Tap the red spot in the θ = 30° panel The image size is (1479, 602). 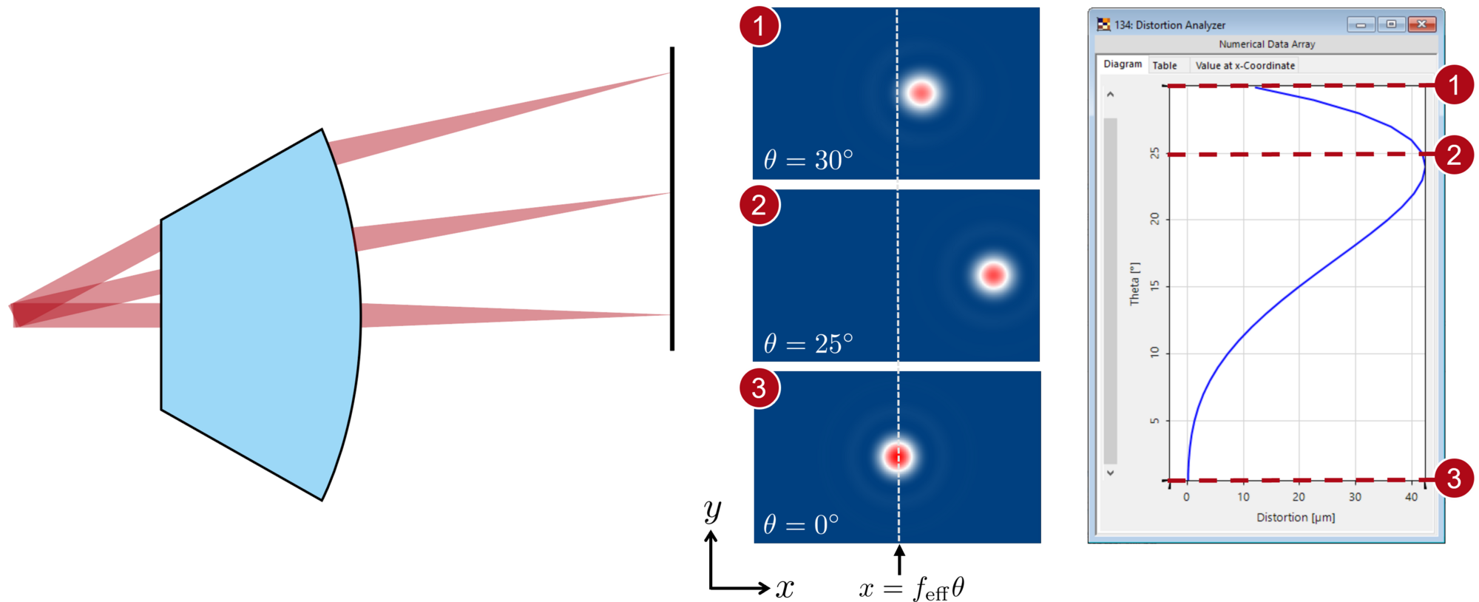click(921, 93)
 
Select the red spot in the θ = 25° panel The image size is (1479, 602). click(992, 275)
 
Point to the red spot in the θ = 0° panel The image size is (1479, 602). click(898, 456)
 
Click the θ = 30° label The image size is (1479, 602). click(808, 160)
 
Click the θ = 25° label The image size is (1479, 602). click(808, 343)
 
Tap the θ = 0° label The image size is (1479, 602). click(801, 524)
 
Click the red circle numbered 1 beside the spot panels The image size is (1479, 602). click(759, 26)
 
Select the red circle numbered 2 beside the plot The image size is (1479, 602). click(1454, 155)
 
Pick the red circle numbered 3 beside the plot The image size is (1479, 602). click(1454, 478)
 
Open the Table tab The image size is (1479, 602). click(1165, 65)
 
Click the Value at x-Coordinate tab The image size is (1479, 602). click(1245, 65)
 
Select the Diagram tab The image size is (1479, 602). click(1123, 64)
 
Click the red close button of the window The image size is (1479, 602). click(1421, 24)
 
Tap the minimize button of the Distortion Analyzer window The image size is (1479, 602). click(1361, 24)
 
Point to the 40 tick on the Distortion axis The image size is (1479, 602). click(1411, 497)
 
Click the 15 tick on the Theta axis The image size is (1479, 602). click(1155, 286)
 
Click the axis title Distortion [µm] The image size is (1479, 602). click(1296, 517)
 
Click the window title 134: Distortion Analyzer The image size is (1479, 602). click(1170, 25)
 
